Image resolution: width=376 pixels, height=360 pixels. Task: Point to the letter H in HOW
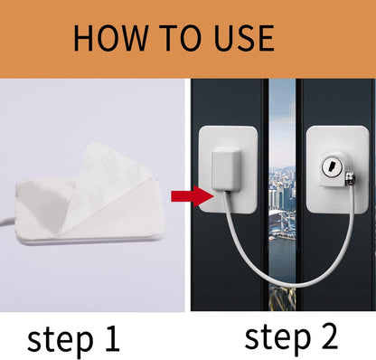pyautogui.click(x=86, y=38)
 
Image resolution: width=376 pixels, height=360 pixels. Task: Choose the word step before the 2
pyautogui.click(x=271, y=336)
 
